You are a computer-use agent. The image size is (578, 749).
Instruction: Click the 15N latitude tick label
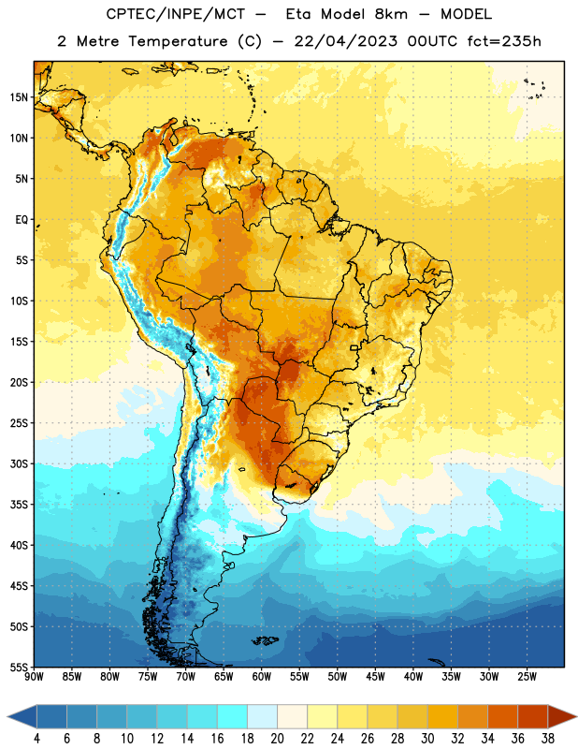point(19,97)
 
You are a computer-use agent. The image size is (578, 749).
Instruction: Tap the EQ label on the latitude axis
point(22,220)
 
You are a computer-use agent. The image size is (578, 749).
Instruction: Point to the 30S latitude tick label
point(19,463)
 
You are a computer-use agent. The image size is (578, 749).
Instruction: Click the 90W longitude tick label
point(34,677)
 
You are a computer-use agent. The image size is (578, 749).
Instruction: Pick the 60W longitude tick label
point(262,677)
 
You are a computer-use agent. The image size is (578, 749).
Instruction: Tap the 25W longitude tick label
point(527,677)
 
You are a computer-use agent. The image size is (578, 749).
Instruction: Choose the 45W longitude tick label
point(375,677)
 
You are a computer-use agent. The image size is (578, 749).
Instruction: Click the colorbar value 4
point(36,739)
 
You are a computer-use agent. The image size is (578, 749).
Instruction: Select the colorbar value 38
point(548,739)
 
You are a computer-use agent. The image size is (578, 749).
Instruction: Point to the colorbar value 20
point(277,739)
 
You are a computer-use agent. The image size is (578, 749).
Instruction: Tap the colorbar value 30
point(427,739)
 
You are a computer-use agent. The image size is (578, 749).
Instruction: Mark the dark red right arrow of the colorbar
point(562,716)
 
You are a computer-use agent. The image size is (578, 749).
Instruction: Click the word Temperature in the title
point(179,41)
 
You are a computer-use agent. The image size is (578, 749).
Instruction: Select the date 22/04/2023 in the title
point(345,41)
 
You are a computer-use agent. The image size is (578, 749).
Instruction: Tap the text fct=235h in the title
point(504,41)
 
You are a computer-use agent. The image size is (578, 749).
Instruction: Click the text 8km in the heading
point(391,14)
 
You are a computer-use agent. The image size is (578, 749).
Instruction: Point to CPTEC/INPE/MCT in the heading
point(176,14)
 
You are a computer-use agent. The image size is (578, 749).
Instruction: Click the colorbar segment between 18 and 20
point(262,716)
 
